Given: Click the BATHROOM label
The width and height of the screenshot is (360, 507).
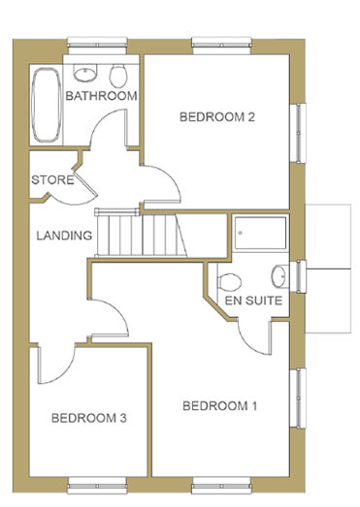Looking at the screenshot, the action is pos(101,96).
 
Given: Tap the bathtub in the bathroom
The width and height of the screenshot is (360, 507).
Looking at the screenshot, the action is pos(47,105).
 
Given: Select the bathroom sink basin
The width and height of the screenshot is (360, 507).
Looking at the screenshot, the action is pos(85,73).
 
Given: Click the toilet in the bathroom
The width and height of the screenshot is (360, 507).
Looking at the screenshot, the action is pos(118,76).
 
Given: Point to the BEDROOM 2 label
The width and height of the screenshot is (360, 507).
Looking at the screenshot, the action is pos(217,116).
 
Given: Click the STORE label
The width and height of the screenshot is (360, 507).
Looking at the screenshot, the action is pos(52,179).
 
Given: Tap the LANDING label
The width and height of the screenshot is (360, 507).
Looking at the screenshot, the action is pos(64,236).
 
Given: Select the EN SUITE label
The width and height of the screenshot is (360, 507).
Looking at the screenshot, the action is pos(253,301).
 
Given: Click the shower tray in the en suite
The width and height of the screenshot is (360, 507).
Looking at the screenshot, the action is pos(261,233).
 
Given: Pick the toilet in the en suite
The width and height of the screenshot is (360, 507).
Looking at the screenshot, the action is pos(230,282).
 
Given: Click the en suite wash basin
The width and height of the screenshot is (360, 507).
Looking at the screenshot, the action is pos(279,276).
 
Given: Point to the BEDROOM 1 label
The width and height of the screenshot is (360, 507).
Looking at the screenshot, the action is pos(220,405).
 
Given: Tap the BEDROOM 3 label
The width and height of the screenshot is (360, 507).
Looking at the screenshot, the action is pos(89,418).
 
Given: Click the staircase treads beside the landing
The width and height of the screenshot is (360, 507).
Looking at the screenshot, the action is pos(141,233).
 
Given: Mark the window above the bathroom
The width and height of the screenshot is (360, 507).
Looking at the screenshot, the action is pos(97,45).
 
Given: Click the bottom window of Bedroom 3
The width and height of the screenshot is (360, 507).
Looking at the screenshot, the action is pos(97,486).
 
